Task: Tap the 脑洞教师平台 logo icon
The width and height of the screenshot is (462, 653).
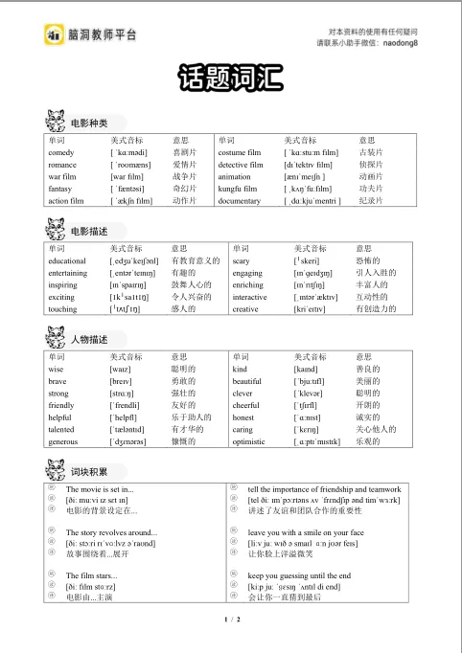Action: coord(53,35)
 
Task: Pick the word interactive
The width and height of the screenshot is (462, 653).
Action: coord(251,298)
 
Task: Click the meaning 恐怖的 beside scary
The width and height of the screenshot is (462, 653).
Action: coord(368,260)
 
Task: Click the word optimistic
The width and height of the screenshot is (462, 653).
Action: coord(251,443)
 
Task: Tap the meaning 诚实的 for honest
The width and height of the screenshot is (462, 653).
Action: coord(368,418)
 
